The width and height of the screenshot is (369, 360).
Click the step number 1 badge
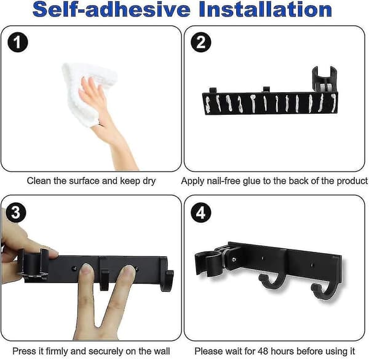pyautogui.click(x=18, y=42)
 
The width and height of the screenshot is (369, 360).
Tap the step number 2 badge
pyautogui.click(x=200, y=42)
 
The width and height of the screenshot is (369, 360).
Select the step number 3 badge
pyautogui.click(x=15, y=213)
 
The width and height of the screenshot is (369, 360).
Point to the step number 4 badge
pyautogui.click(x=200, y=213)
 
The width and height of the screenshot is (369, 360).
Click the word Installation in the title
pyautogui.click(x=266, y=9)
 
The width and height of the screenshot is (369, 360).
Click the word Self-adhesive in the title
pyautogui.click(x=111, y=9)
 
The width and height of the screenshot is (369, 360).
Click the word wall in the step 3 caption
pyautogui.click(x=162, y=351)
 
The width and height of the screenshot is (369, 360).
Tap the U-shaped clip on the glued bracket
pyautogui.click(x=325, y=79)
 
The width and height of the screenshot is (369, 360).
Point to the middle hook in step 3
pyautogui.click(x=104, y=280)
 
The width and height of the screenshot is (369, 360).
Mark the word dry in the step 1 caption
pyautogui.click(x=149, y=181)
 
